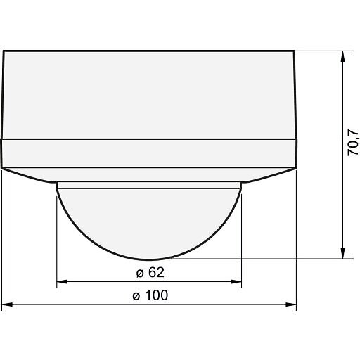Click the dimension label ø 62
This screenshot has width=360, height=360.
point(150,272)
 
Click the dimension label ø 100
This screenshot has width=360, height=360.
point(150,295)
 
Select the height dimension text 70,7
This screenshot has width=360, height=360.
point(353,142)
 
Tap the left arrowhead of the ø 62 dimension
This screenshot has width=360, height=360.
point(62,281)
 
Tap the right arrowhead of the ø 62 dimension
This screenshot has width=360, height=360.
point(236,281)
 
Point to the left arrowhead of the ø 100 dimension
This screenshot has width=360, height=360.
point(7,304)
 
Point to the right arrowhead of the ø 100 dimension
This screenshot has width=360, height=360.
point(291,304)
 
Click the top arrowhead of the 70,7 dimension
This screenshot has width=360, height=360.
point(342,56)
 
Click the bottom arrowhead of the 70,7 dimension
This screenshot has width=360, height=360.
point(342,253)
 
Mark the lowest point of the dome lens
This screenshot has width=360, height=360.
point(149,259)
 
